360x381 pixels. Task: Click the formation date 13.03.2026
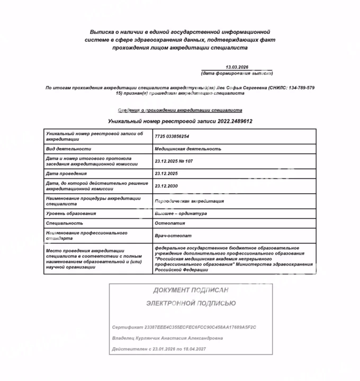point(236,67)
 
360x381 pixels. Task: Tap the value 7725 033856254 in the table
point(172,136)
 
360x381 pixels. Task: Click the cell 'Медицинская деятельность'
point(188,149)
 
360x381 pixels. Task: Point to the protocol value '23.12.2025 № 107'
point(174,161)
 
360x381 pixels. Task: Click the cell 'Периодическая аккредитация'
point(189,201)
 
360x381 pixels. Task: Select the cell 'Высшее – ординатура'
point(181,213)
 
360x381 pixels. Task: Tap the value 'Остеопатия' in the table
point(169,223)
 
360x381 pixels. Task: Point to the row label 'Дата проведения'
point(66,173)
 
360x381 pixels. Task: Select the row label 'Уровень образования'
point(71,213)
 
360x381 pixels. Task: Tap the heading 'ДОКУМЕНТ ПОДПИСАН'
point(191,290)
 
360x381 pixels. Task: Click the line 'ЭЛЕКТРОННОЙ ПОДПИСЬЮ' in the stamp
point(191,303)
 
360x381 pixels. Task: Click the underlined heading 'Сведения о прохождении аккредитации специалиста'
point(179,110)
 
